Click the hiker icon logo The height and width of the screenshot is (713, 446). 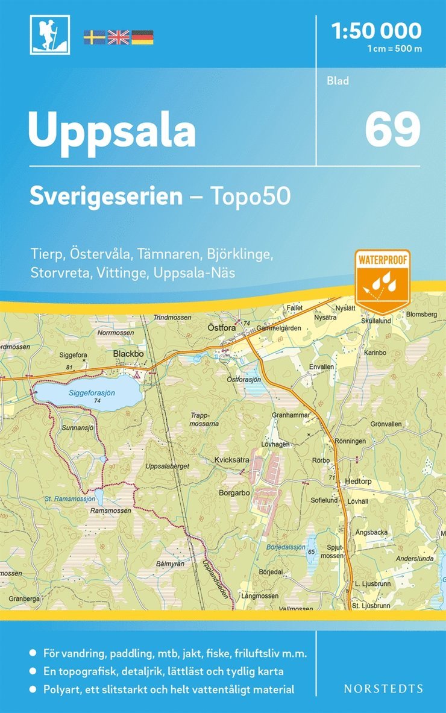[49, 34]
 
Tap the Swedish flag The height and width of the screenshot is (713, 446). [94, 37]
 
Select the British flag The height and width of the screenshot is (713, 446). [118, 37]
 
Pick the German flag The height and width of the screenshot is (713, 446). [142, 37]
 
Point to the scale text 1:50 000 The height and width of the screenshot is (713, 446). [377, 30]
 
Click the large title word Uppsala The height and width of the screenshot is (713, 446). [112, 130]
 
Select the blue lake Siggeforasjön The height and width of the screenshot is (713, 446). [90, 392]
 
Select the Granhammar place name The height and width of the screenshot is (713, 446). [291, 415]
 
